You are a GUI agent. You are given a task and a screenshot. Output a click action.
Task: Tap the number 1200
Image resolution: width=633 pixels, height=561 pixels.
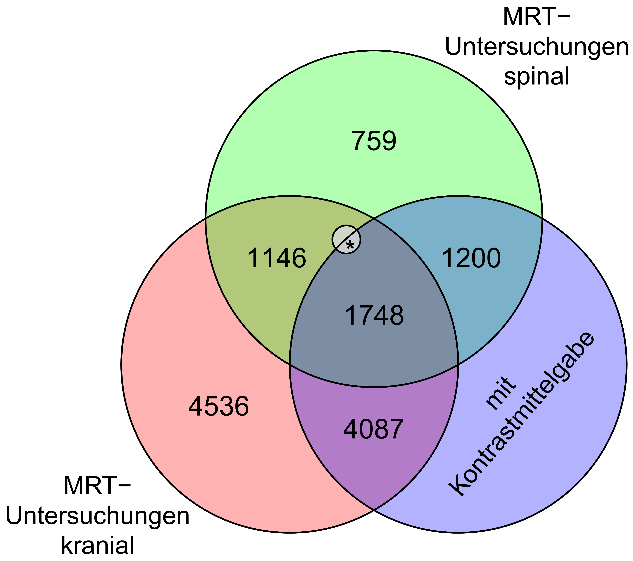click(x=471, y=258)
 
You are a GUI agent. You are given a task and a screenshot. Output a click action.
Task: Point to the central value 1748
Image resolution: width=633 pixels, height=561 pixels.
click(x=374, y=315)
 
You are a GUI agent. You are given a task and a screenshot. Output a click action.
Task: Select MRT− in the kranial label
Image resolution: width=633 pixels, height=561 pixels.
click(x=98, y=486)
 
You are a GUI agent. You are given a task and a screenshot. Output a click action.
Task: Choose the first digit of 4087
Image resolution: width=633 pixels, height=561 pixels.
click(x=351, y=429)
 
